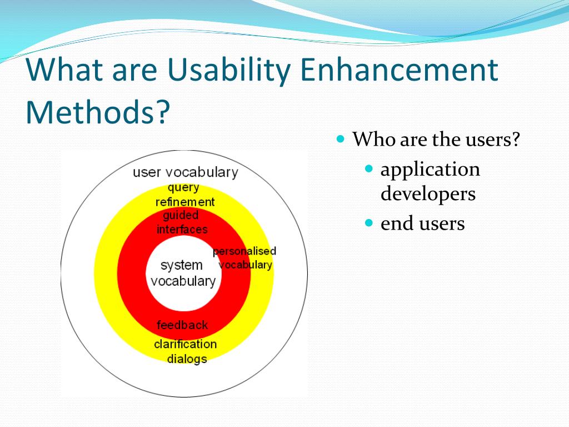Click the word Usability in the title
[x=229, y=70]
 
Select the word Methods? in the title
[x=98, y=111]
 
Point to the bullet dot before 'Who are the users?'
[x=340, y=138]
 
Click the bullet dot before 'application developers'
[x=369, y=168]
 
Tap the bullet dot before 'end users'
[x=369, y=222]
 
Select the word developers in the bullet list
[x=428, y=194]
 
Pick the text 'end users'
[x=422, y=224]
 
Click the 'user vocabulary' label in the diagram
[x=186, y=172]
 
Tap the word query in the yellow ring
[x=183, y=188]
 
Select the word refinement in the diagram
[x=185, y=202]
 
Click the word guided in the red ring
[x=181, y=216]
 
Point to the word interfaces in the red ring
[x=182, y=230]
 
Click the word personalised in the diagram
[x=244, y=251]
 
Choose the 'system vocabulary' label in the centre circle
[x=183, y=273]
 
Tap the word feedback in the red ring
[x=182, y=325]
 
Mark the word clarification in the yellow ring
[x=186, y=344]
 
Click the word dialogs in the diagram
[x=187, y=359]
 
